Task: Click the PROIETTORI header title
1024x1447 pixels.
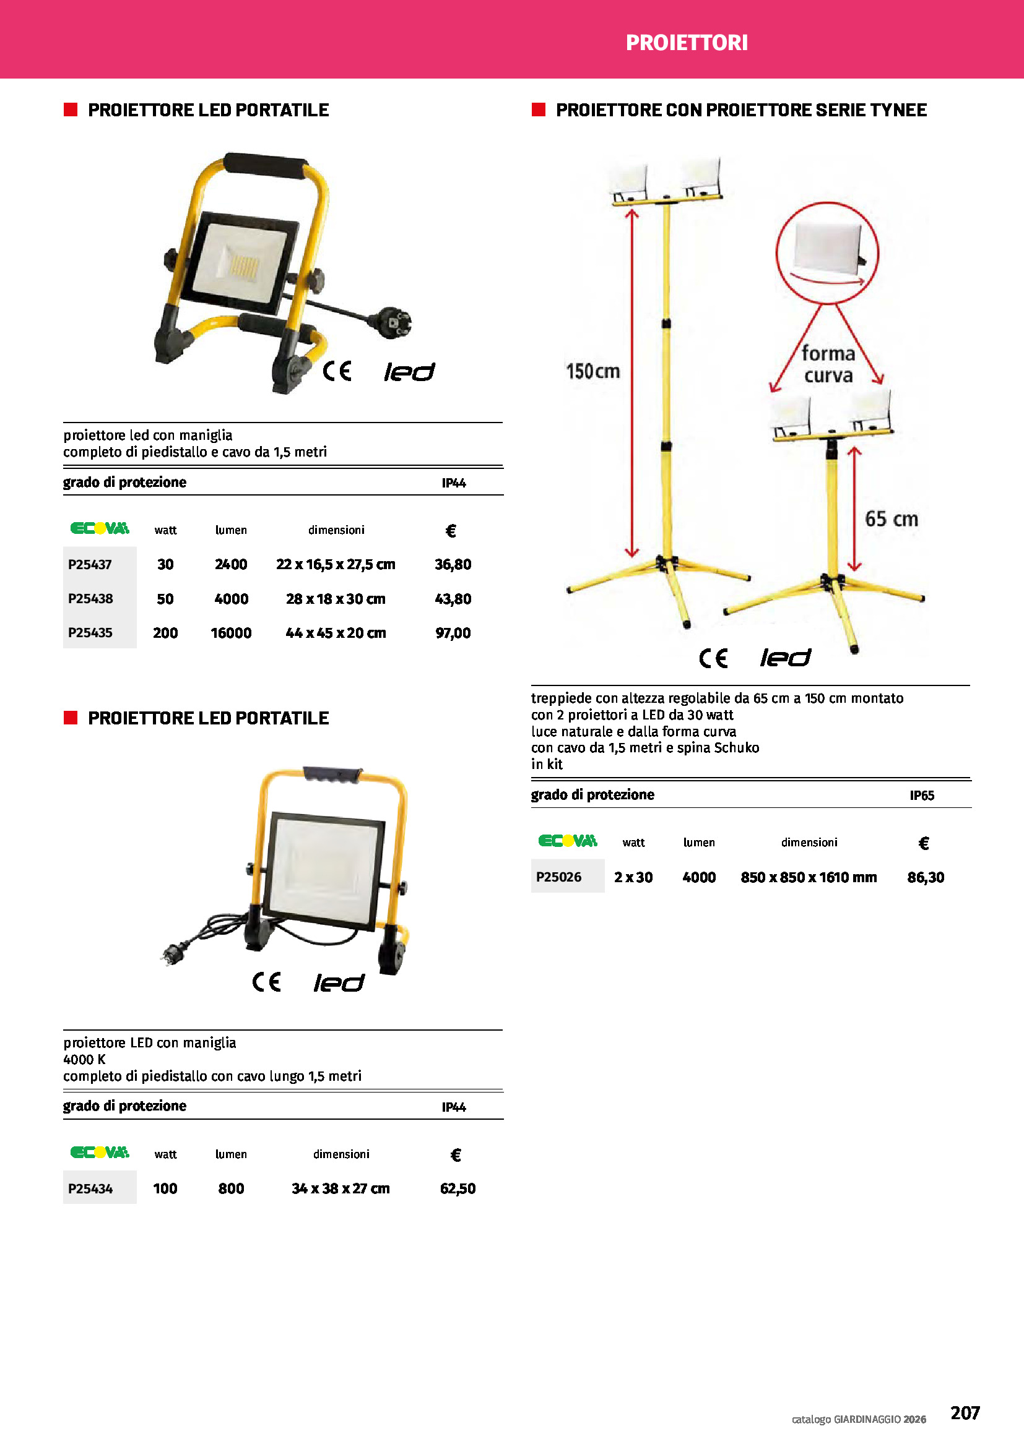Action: [x=686, y=42]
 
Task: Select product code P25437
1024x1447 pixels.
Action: [x=90, y=564]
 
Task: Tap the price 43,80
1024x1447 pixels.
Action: [x=453, y=599]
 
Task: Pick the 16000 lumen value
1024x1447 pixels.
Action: [x=231, y=633]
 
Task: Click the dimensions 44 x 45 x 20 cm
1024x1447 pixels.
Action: [x=336, y=633]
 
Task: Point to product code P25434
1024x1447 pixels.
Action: [x=90, y=1188]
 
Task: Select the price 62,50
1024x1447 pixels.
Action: [x=458, y=1188]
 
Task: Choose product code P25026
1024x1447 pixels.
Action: [x=558, y=877]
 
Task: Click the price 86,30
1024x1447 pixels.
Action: [x=925, y=877]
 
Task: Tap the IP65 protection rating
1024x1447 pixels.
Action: [x=922, y=796]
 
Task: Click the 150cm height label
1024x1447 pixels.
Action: [x=592, y=371]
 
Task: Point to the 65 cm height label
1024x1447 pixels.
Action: [x=891, y=518]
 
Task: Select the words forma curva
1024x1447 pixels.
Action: [x=828, y=364]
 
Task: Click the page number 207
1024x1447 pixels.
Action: [x=965, y=1412]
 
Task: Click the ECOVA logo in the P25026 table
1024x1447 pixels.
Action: [x=568, y=841]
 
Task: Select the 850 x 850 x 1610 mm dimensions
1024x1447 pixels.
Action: [x=809, y=877]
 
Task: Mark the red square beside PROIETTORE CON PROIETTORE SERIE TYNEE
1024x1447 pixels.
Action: [x=539, y=109]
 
